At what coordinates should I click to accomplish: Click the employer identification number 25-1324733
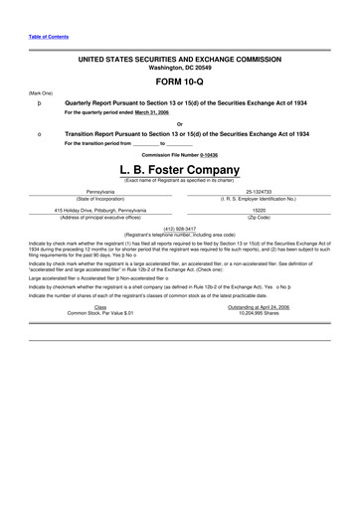pyautogui.click(x=258, y=192)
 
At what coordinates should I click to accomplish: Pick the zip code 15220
pyautogui.click(x=258, y=211)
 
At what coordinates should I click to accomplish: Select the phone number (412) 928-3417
pyautogui.click(x=179, y=228)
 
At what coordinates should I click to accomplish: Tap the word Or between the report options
pyautogui.click(x=179, y=123)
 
